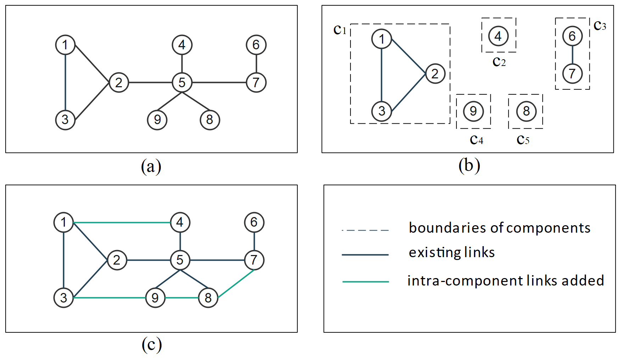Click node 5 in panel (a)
coord(182,82)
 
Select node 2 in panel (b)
coord(435,73)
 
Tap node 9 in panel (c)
coord(155,298)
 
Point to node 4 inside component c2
coord(498,36)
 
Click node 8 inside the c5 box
coord(526,111)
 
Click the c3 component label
coord(600,26)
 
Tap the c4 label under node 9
coord(477,140)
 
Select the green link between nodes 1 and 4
coord(122,222)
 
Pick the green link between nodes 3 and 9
coord(109,298)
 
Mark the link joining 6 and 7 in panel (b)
coord(572,55)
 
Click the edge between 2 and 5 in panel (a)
coord(150,82)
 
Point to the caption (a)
coord(151,166)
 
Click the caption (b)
coord(469,165)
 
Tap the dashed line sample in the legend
coord(365,230)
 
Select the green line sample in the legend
coord(365,282)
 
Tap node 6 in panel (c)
coord(254,222)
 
